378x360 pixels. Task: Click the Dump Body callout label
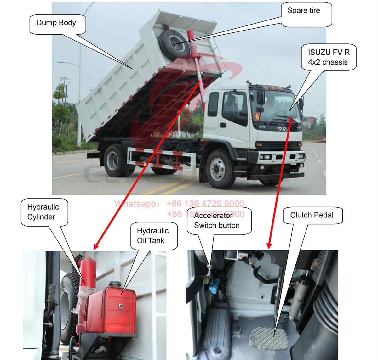point(56,23)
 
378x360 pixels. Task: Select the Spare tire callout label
point(304,11)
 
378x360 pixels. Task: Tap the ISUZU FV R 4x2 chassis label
point(328,57)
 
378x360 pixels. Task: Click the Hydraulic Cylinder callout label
point(43,212)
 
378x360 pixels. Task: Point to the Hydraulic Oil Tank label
point(152,235)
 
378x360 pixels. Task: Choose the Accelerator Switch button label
point(217,221)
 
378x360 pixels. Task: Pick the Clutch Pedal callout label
point(312,215)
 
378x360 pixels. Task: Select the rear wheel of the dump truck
point(115,160)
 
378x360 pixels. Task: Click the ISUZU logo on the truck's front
point(283,129)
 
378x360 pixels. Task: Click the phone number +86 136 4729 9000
point(205,204)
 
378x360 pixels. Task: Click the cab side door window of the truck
point(234,105)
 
